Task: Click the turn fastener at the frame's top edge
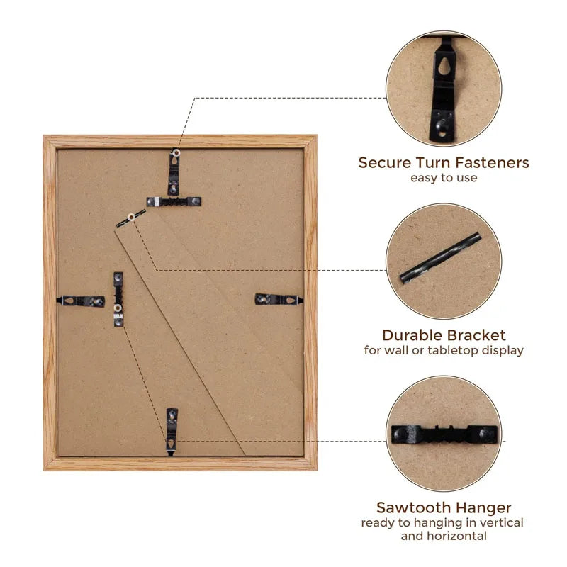[174, 172]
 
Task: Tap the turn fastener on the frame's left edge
[81, 301]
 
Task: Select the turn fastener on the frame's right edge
[279, 299]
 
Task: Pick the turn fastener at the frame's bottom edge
[172, 432]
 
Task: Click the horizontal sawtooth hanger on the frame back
[174, 202]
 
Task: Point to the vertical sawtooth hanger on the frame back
[118, 299]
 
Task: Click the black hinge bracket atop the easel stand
[131, 218]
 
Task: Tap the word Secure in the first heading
[384, 163]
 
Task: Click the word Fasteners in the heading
[492, 163]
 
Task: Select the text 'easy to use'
[444, 178]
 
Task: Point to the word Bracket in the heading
[474, 335]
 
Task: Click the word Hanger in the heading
[482, 507]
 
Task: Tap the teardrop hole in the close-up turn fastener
[444, 66]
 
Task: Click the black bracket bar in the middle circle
[440, 257]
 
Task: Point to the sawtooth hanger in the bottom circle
[444, 434]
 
